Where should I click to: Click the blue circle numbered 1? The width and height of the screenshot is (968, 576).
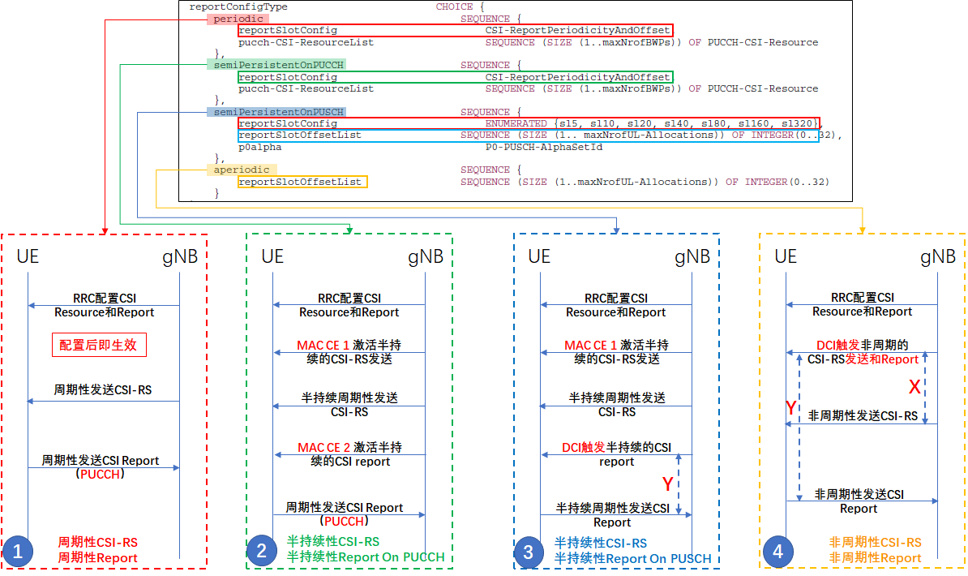[x=18, y=552]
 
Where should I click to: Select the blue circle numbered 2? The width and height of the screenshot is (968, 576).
[x=262, y=552]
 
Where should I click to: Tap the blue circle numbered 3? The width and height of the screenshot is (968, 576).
[x=529, y=552]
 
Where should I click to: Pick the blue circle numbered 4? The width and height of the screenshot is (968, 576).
[x=778, y=552]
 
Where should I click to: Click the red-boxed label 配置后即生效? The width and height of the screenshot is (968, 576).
[x=99, y=345]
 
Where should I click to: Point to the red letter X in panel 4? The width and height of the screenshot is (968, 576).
[x=914, y=387]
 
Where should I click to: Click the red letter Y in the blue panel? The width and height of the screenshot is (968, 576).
[x=667, y=484]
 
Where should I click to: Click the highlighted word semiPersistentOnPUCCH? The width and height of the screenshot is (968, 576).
[x=275, y=65]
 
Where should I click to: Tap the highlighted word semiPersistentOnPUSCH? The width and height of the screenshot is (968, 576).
[x=275, y=112]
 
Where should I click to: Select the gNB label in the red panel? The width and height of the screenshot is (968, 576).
[x=180, y=257]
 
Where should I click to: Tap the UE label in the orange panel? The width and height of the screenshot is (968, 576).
[x=786, y=257]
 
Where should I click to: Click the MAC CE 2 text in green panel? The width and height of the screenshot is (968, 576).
[x=325, y=447]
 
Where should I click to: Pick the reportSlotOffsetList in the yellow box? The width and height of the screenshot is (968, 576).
[x=300, y=182]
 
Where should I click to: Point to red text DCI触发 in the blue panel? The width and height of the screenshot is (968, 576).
[x=583, y=447]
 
